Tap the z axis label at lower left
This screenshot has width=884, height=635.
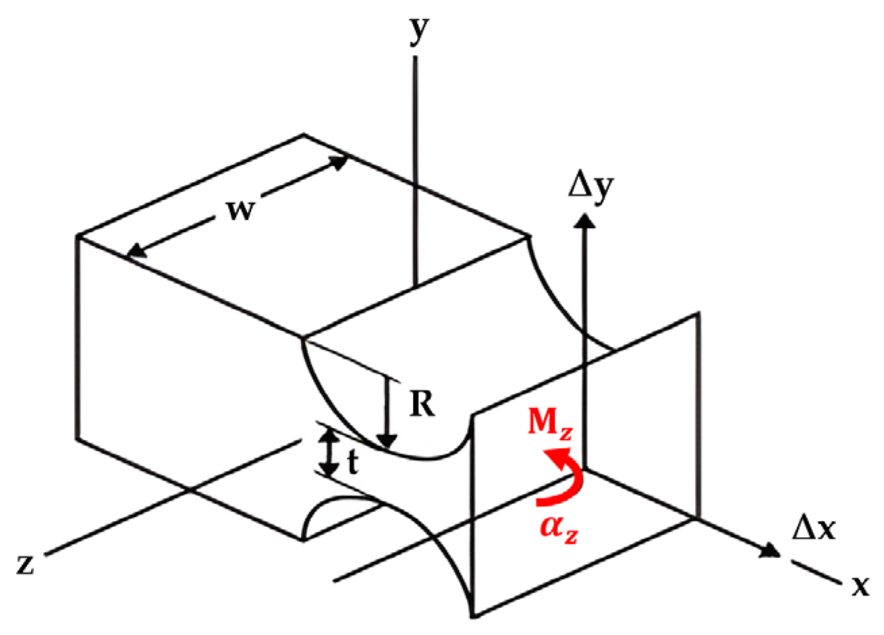click(26, 563)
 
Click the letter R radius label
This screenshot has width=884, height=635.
click(421, 406)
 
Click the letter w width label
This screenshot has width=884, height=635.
click(240, 210)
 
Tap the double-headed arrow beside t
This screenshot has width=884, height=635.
click(329, 453)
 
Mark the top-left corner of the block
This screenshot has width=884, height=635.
click(79, 236)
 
